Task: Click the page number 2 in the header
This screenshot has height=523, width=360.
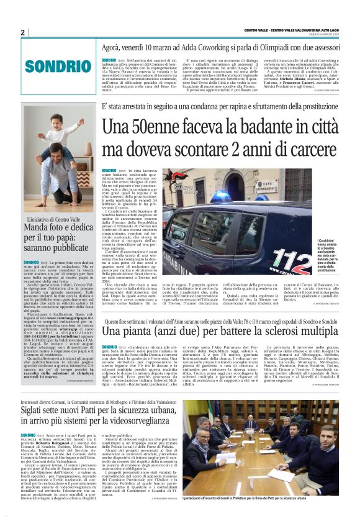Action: [22, 32]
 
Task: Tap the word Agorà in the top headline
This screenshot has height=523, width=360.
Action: [115, 47]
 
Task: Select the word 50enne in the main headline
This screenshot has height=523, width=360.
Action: [161, 128]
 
